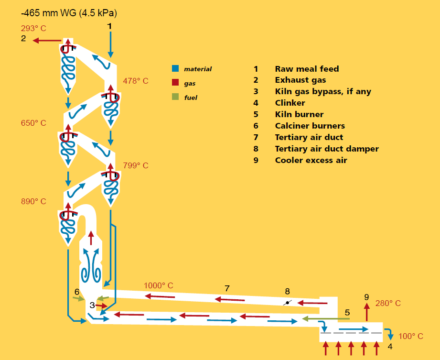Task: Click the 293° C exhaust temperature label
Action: tap(33, 28)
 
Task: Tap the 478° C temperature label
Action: tap(136, 81)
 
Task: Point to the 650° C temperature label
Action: tap(33, 123)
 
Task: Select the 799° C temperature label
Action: tap(136, 165)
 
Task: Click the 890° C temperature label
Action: tap(33, 201)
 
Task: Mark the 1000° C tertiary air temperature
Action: tap(158, 285)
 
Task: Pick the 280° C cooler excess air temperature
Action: tap(388, 303)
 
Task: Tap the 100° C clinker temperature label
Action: tap(410, 336)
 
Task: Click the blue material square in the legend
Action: tap(175, 68)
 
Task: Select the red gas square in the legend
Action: tap(175, 82)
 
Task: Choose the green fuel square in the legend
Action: tap(175, 97)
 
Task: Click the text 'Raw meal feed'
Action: tap(307, 69)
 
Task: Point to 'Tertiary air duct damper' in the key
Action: tap(327, 149)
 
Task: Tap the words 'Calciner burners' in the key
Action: tap(310, 126)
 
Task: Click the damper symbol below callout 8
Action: tap(287, 303)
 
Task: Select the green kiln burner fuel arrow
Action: tap(326, 319)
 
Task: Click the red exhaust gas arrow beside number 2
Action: tap(47, 41)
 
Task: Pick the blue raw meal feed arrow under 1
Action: tap(110, 45)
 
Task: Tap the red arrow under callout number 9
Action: tap(367, 312)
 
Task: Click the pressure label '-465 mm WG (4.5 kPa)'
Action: tap(69, 13)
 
